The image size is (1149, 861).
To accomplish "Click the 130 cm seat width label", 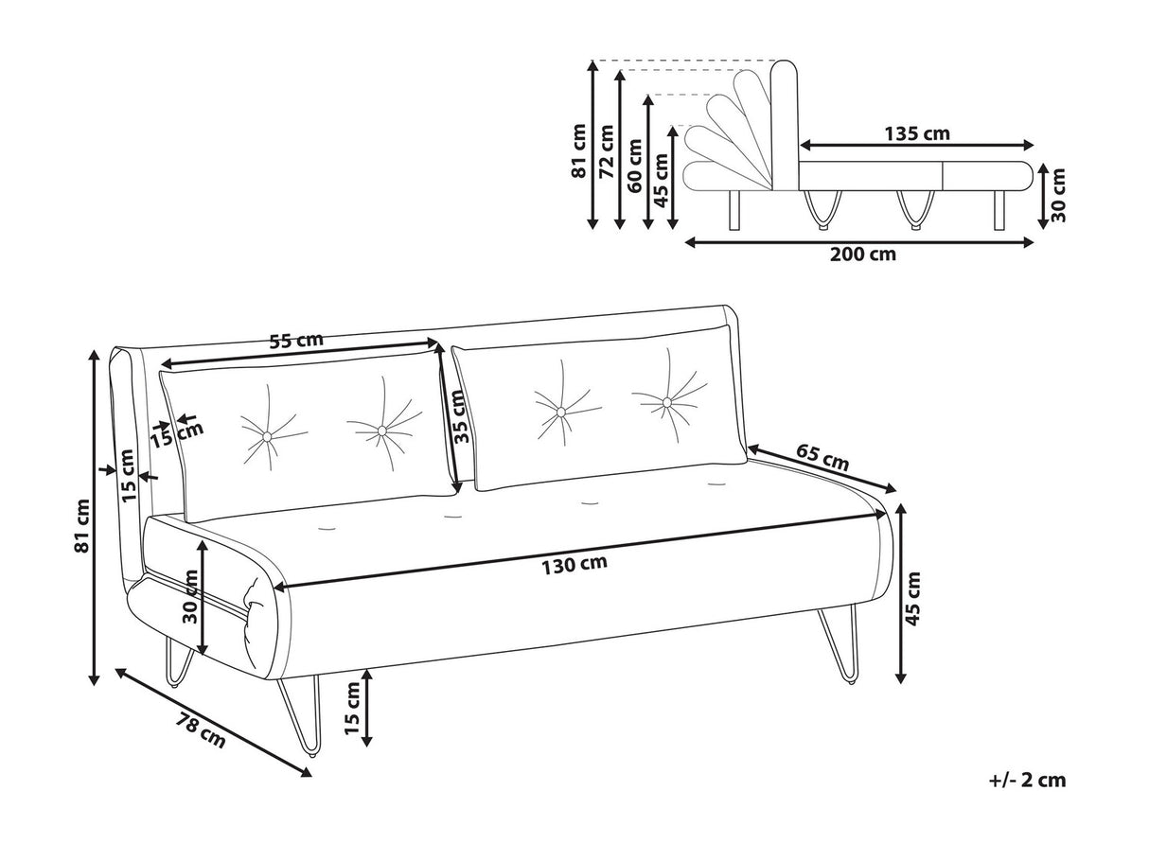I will click(574, 565).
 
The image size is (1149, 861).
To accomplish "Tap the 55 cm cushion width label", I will click(295, 341).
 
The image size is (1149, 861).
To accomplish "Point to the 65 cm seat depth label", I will click(821, 460).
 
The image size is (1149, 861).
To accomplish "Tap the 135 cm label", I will click(916, 133).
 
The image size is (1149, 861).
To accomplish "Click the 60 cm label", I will click(634, 161).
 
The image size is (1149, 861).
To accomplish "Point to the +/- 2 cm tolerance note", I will click(1027, 781).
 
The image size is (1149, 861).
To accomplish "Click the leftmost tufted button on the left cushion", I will click(268, 436).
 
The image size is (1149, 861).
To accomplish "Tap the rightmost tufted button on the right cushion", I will click(667, 403).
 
